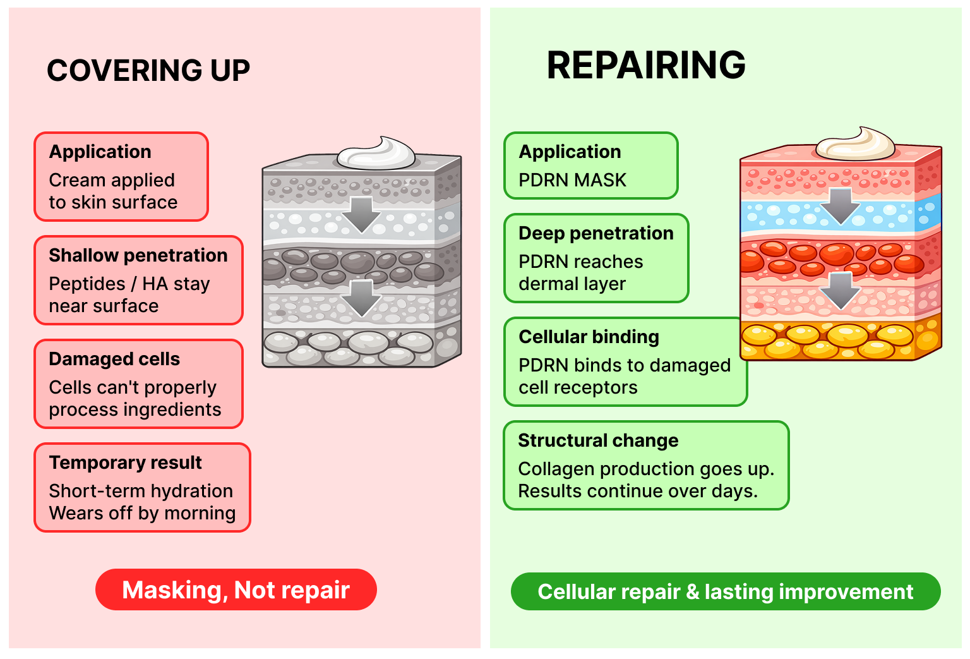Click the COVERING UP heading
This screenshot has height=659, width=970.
[148, 70]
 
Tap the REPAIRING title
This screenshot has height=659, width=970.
[646, 65]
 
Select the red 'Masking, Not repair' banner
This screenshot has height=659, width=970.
[236, 589]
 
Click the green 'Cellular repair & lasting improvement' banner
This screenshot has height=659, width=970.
[725, 591]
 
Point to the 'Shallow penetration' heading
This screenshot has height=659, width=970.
[138, 255]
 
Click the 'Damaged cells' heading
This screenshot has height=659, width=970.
[114, 359]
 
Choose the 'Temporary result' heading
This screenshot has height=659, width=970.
[125, 463]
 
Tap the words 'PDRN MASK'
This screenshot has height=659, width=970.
[572, 180]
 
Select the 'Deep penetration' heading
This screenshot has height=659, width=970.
[596, 233]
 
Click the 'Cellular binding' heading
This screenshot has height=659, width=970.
[589, 337]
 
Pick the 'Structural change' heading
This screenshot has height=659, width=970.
[597, 440]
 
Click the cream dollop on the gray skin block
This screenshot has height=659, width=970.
[376, 154]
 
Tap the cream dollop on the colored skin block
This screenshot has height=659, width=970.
[855, 145]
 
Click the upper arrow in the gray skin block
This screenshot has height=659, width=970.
[361, 214]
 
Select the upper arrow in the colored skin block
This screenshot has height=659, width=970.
[840, 205]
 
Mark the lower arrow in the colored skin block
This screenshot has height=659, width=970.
[840, 289]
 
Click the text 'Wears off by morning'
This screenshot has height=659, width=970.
[142, 513]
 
